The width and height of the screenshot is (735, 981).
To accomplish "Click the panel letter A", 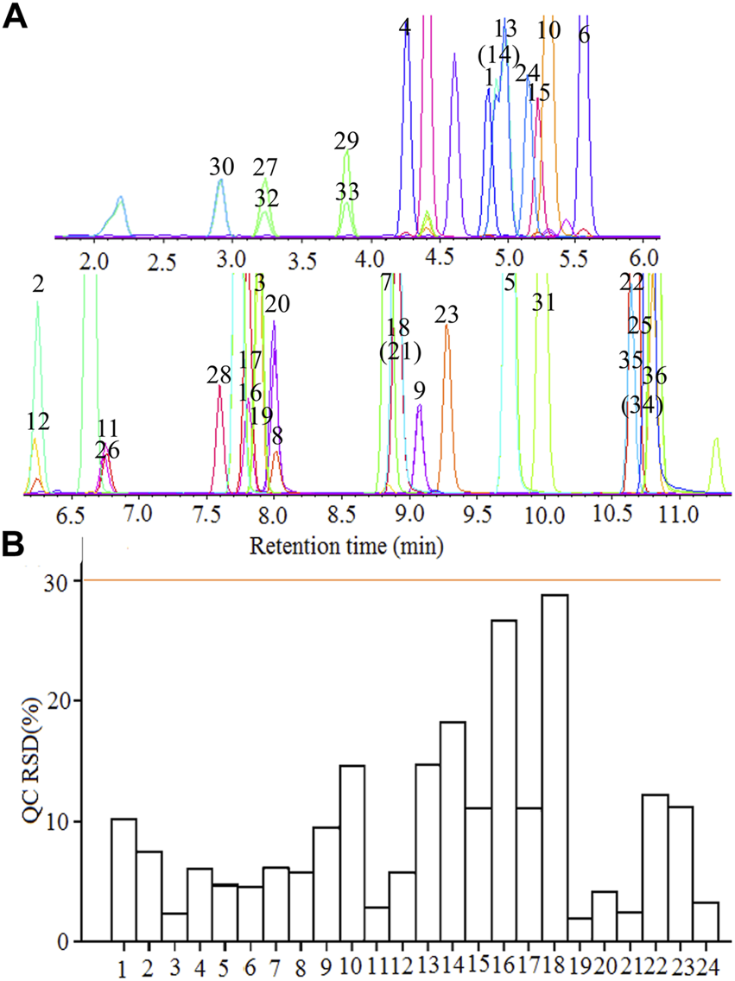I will point(18,17).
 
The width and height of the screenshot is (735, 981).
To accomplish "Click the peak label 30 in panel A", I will point(221,166).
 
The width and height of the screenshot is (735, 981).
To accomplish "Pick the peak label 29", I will point(346,141).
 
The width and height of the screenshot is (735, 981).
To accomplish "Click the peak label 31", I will point(542,301).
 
